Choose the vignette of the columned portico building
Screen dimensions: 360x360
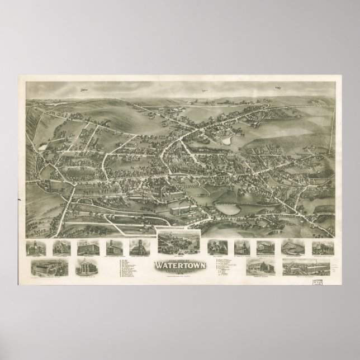83,266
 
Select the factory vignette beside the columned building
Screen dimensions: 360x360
50,267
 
